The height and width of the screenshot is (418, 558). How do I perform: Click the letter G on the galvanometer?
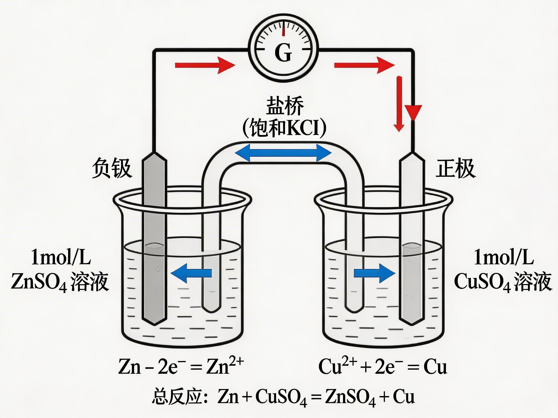pos(284,53)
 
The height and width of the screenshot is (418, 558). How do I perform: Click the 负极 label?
pos(112,168)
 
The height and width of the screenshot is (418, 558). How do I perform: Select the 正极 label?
pos(456,168)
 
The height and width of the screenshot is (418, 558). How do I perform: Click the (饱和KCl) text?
pos(284,127)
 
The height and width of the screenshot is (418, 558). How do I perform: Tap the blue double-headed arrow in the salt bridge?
pos(283,153)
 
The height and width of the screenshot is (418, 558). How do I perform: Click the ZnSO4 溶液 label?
pos(60,282)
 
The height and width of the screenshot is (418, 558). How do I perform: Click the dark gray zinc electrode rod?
pos(154,239)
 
